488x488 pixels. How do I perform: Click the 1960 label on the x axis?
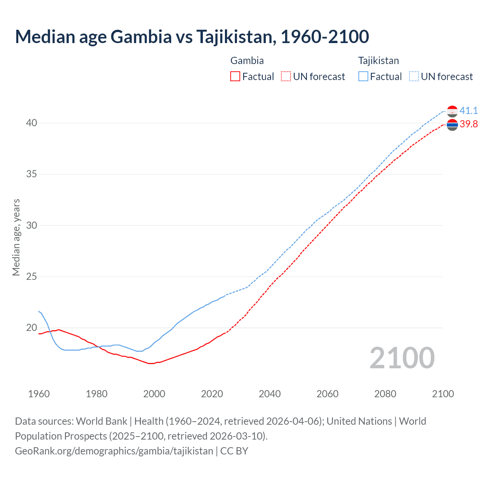39,394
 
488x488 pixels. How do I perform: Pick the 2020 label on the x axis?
212,394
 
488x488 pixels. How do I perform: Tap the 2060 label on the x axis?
327,394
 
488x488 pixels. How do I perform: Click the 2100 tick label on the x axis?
443,394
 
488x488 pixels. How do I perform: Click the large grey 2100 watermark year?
402,358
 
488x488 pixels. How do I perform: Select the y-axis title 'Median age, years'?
16,237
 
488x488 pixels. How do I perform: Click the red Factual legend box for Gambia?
235,77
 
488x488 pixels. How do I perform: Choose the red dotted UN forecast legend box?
286,77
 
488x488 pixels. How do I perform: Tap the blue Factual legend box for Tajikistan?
363,77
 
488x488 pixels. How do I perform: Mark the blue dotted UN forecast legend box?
414,77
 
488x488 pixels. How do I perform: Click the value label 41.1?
469,111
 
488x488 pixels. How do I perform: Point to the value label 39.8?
469,124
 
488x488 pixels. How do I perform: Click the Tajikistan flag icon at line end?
452,111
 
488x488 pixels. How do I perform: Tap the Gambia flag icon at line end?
452,125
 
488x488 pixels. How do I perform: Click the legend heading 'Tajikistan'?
378,61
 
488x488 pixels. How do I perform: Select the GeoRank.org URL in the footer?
114,451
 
